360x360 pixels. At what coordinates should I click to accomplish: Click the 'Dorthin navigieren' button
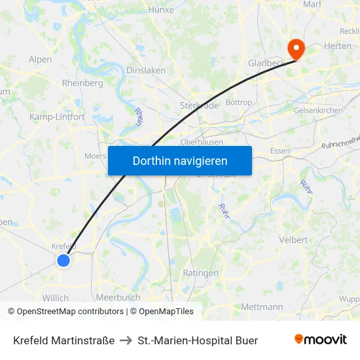coord(179,160)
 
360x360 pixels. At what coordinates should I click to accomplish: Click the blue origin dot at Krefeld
coord(63,261)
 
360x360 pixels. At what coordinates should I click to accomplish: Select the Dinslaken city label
coord(145,70)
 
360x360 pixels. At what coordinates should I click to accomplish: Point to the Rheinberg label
coord(82,83)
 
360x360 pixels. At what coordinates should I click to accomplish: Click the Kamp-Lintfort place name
coord(57,117)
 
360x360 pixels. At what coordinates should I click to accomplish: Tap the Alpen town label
coord(40,60)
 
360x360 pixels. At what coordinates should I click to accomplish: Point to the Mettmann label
coord(262,306)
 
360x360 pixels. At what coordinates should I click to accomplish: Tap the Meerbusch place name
coord(118,297)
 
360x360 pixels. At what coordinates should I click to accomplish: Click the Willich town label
coord(55,298)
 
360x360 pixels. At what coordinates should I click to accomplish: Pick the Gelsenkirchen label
coord(318,110)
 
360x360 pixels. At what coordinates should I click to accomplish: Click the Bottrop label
coord(238,103)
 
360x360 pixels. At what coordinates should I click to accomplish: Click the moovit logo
coord(320,339)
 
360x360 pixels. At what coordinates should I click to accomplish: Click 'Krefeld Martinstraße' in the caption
coord(63,340)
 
